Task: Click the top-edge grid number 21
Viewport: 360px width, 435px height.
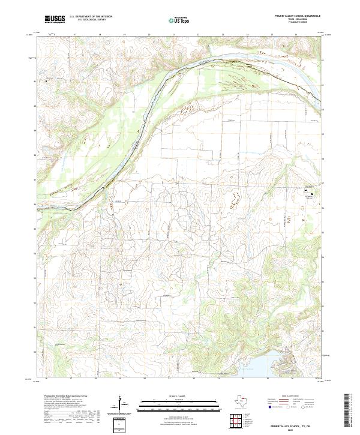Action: (173, 35)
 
